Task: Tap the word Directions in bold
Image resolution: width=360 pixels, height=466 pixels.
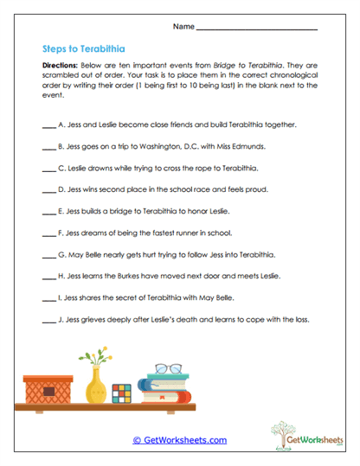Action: (x=61, y=66)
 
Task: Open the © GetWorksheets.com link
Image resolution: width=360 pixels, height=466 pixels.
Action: (x=179, y=440)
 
